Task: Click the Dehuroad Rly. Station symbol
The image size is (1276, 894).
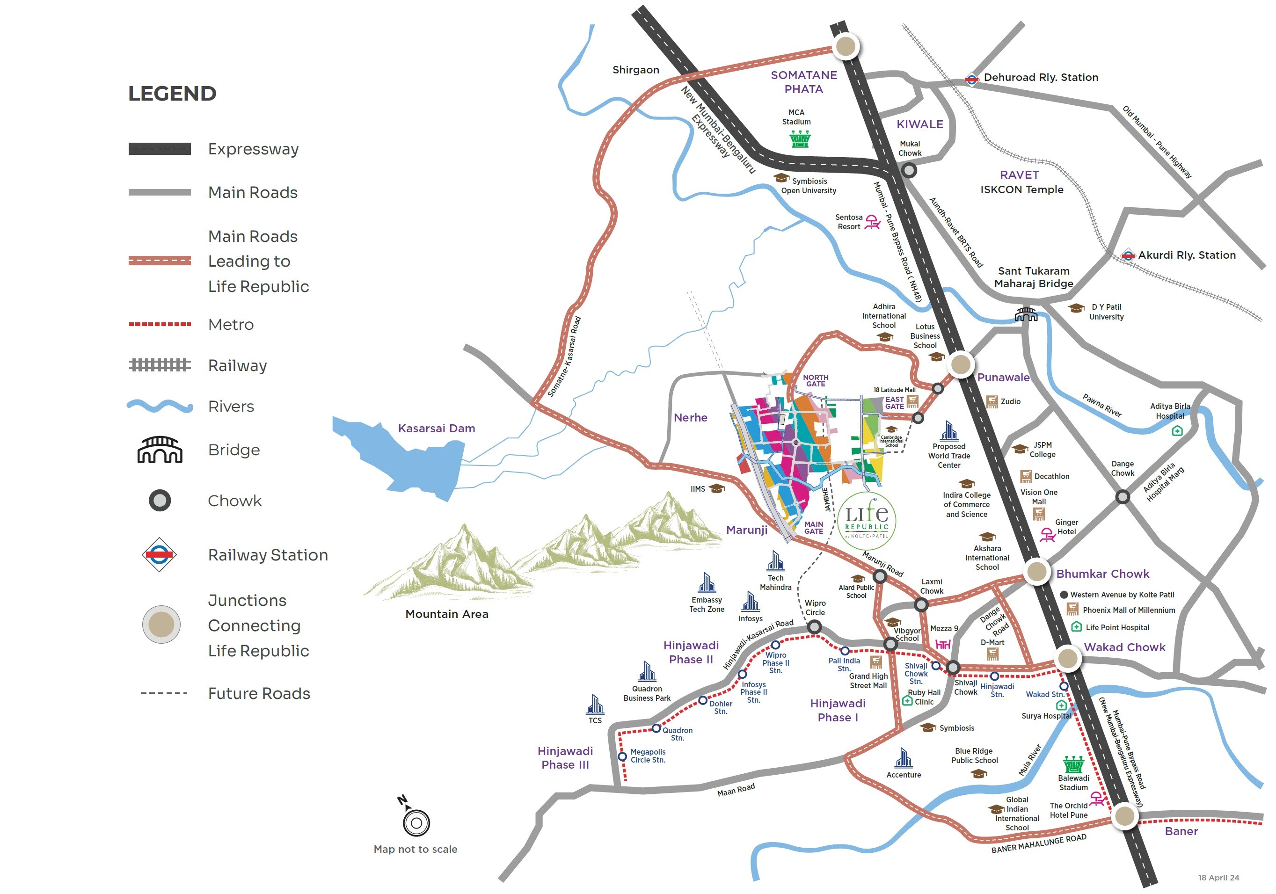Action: (x=971, y=79)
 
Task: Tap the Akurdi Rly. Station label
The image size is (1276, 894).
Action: (x=1187, y=255)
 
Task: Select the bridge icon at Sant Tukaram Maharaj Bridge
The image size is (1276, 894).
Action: (x=1026, y=314)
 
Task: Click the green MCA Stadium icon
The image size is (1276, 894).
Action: (x=800, y=138)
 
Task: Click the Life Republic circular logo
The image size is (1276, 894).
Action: (x=867, y=521)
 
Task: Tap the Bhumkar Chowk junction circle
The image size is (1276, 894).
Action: (x=1036, y=571)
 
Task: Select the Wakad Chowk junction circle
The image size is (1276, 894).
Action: (x=1067, y=658)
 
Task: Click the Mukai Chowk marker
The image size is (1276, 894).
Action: (x=909, y=170)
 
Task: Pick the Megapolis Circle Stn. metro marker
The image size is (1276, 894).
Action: (x=622, y=756)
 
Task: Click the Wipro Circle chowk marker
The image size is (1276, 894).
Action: (x=814, y=627)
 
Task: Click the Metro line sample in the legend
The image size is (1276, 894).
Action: (x=160, y=324)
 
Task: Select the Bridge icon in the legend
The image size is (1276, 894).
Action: (x=160, y=450)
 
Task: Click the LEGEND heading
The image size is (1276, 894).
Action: (x=172, y=94)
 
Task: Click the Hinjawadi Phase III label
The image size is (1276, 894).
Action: (x=565, y=758)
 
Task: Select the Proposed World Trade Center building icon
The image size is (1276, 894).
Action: (x=949, y=431)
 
